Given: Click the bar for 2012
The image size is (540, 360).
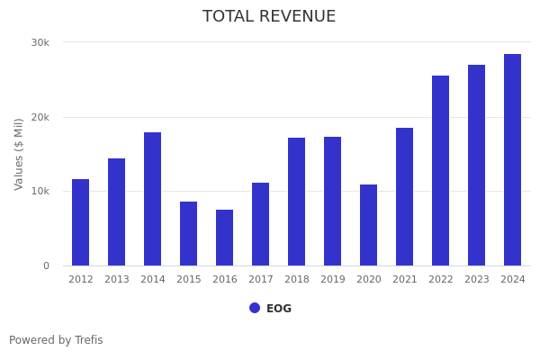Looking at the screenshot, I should tap(81, 222).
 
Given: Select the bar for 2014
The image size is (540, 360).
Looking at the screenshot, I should tap(153, 199).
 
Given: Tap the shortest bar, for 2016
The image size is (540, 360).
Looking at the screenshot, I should tap(225, 238).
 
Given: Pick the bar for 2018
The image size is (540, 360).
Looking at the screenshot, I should tap(297, 202).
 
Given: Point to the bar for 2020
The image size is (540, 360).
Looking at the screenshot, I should tap(369, 225).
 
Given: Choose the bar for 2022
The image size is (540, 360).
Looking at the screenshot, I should tap(441, 171).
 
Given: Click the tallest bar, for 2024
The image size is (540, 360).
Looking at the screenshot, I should tap(513, 160).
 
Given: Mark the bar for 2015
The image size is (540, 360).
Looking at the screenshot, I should tap(189, 234).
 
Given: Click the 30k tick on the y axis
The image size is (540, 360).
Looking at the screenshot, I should tap(40, 42).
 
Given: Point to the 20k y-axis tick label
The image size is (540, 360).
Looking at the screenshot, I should tap(40, 117).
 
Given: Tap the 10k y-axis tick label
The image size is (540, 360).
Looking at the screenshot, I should tap(40, 192).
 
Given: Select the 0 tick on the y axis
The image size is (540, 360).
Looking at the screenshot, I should tap(46, 265).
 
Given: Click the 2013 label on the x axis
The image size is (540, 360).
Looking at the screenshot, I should tap(117, 280).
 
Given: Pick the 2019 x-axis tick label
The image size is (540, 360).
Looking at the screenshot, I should tap(333, 280).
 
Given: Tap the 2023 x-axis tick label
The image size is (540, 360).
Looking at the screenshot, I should tap(477, 280).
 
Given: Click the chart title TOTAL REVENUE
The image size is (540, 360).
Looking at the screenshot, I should tap(269, 17).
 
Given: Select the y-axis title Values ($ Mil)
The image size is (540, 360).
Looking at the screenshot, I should tap(19, 154).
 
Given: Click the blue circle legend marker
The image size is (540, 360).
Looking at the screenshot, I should tap(255, 308).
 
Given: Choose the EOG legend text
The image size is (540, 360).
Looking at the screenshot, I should tap(279, 309).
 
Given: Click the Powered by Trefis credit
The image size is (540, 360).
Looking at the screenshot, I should tap(56, 340).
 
